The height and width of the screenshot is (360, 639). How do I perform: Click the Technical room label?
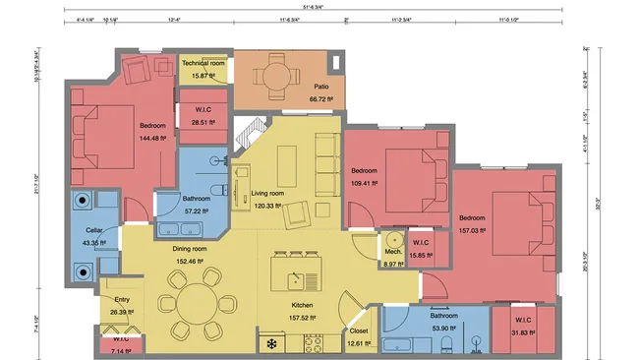click(203, 65)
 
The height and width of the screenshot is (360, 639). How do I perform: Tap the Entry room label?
click(122, 301)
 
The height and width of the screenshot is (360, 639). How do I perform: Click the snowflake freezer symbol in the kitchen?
click(272, 344)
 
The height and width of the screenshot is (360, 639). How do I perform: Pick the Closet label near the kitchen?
click(360, 331)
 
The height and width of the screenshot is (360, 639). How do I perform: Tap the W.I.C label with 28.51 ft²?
click(203, 109)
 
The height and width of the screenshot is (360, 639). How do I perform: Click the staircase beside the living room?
click(251, 133)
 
